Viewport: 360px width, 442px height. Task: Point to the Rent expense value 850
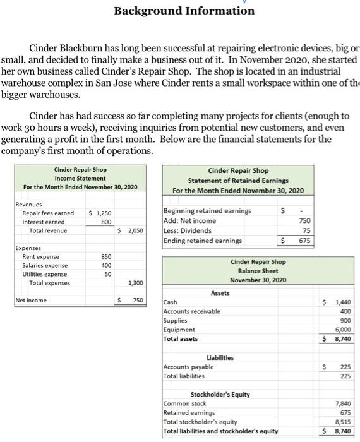point(106,257)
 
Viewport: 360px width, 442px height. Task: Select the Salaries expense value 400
point(106,266)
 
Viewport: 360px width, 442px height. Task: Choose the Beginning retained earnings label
point(207,210)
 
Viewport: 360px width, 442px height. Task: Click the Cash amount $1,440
point(342,303)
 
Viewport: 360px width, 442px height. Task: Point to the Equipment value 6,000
point(343,330)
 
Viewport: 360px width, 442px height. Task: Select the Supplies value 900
point(345,321)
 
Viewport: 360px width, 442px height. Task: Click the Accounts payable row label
point(188,367)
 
